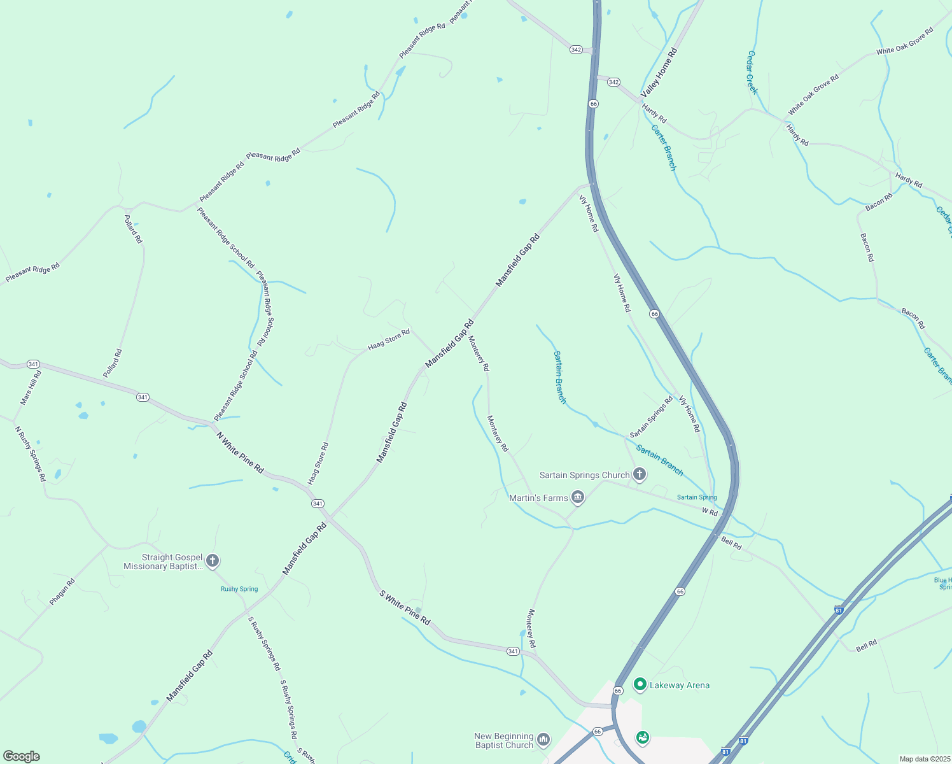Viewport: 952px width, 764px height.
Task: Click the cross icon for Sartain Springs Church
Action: point(640,474)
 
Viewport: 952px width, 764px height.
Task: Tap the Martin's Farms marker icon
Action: point(577,497)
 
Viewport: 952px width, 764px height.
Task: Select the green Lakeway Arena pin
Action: point(640,684)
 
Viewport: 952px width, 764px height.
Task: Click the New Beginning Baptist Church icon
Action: point(543,739)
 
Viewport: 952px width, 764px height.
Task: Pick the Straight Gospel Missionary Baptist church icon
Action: point(213,561)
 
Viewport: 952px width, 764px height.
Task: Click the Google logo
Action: point(21,756)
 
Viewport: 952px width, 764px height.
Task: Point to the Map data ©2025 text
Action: point(924,759)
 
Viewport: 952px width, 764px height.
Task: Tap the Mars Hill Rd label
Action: point(31,387)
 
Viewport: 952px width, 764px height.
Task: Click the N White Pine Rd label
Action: point(240,452)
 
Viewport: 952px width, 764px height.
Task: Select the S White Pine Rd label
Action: point(405,607)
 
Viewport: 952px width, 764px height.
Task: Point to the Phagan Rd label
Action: point(62,591)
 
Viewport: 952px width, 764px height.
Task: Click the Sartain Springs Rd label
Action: point(651,417)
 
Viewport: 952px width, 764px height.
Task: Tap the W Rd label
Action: point(710,512)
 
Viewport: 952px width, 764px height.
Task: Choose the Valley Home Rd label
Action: point(659,72)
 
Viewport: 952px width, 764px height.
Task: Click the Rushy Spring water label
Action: point(239,589)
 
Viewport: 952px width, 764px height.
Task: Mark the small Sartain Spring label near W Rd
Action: point(697,497)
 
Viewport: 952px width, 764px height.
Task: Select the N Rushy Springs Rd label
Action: point(31,453)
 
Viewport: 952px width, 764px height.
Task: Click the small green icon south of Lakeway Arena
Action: point(642,737)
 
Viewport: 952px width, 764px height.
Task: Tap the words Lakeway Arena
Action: point(679,685)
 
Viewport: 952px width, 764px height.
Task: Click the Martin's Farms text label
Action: point(538,498)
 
